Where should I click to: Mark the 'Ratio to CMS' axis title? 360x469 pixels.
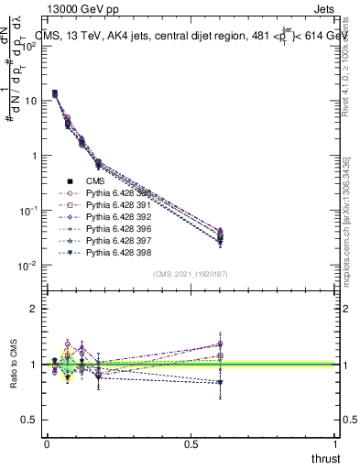[x=13, y=364]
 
